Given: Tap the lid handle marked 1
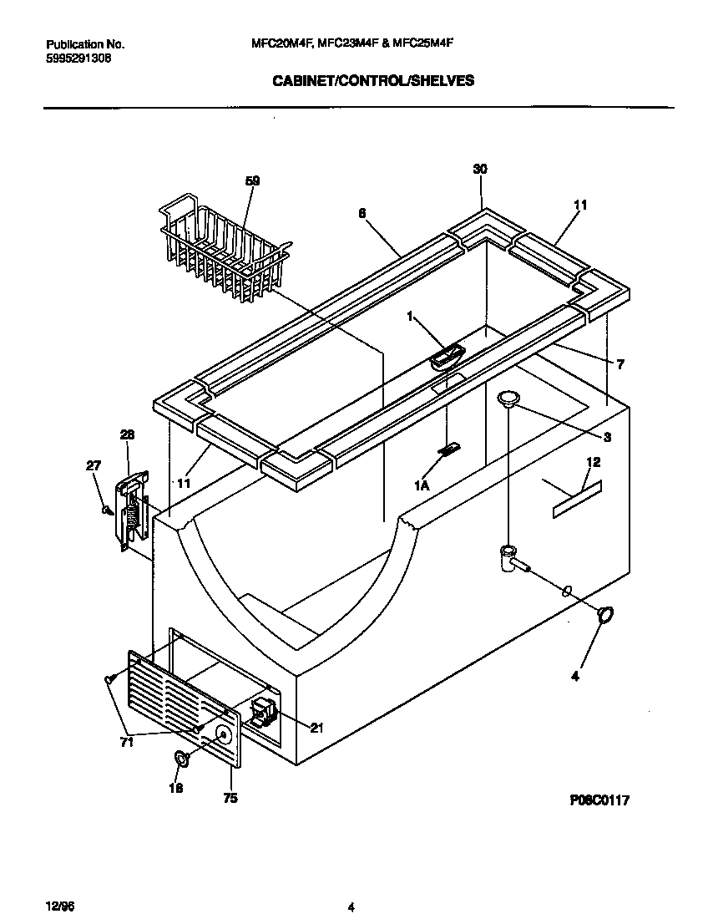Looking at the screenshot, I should tap(447, 356).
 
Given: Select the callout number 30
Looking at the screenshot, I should tap(480, 169).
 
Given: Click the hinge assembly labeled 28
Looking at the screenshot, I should tap(132, 510).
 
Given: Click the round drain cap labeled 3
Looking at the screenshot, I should tap(508, 399).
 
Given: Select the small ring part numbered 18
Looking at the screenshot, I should tap(180, 758).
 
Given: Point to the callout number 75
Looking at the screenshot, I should tap(230, 798).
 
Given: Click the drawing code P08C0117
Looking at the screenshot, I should tap(599, 800).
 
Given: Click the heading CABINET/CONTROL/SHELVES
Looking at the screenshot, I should tap(373, 81).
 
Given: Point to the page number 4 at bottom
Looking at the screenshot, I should tap(351, 907).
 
